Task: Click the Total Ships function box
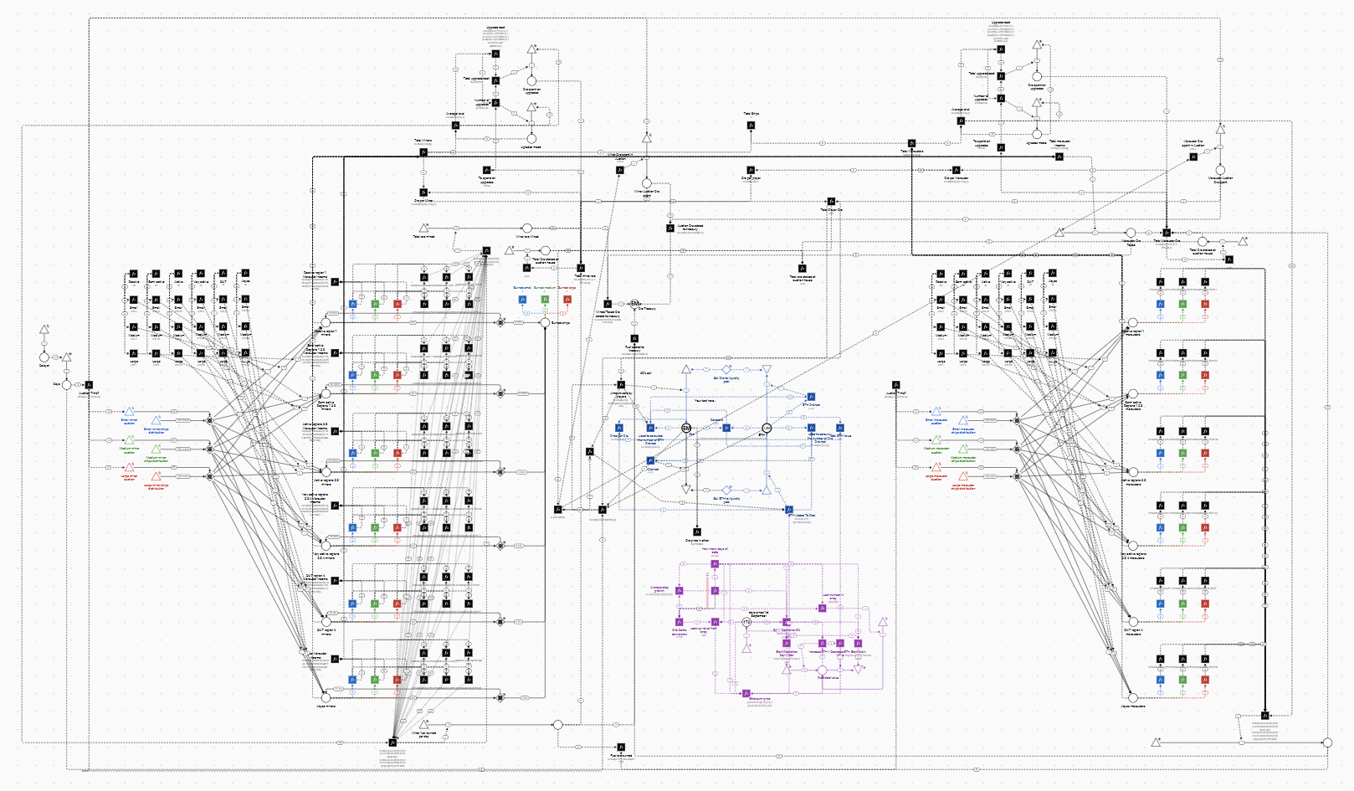751,126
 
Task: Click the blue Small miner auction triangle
130,412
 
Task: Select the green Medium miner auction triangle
130,439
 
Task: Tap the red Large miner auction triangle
130,468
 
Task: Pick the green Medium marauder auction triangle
936,439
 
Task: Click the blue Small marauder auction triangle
936,412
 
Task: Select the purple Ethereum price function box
746,693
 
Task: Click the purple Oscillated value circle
822,670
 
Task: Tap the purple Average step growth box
680,591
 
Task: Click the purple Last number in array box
823,608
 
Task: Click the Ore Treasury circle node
634,304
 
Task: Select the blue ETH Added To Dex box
788,509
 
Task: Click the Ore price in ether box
696,532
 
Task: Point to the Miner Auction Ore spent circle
646,182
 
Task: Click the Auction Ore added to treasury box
670,228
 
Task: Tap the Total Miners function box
423,152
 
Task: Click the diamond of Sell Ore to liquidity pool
726,369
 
